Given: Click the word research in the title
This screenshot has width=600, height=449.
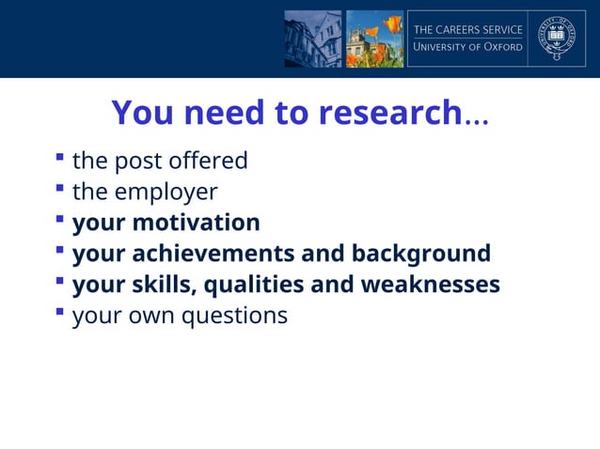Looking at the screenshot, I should (388, 114).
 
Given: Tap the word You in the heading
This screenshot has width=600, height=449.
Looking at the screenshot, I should (141, 114).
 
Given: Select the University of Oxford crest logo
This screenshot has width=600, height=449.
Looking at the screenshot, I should (556, 39).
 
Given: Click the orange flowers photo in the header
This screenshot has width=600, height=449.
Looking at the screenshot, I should (374, 39).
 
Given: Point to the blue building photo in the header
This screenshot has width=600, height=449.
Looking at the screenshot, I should (313, 39).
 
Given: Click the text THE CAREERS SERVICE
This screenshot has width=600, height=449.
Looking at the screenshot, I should (468, 30).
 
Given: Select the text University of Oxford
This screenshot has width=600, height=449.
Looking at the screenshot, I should (468, 48).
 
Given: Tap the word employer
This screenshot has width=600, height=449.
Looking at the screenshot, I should (166, 193).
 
